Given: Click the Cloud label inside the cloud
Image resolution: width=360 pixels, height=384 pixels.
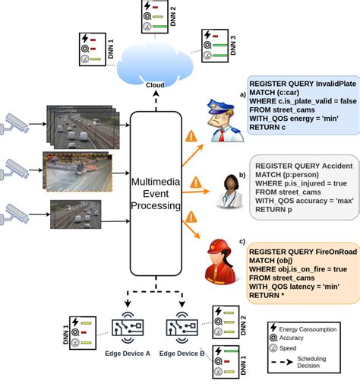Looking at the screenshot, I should tap(155, 84).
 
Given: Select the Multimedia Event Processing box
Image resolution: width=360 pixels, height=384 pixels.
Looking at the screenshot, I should tap(155, 194).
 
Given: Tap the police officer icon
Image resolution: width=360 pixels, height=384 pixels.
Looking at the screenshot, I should tap(225, 119).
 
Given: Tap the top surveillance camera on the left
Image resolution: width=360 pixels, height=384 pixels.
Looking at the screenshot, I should tap(18, 122).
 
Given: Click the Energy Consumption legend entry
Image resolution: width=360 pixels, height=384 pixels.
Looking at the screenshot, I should tap(312, 328).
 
